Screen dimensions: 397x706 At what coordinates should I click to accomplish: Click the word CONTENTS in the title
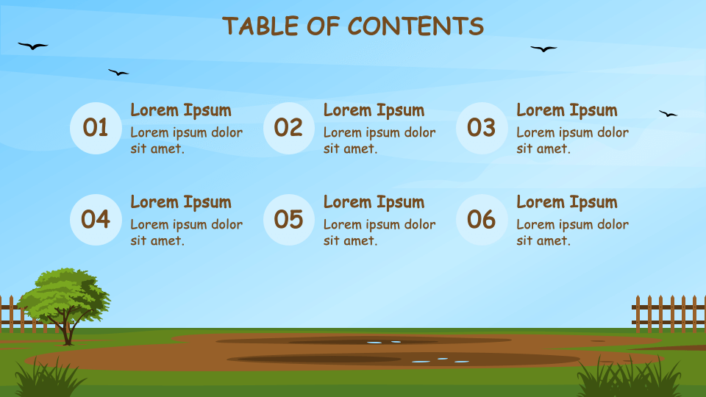pos(416,26)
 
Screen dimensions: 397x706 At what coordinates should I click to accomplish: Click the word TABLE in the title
pos(255,26)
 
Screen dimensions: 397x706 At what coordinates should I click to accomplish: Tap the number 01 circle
pos(96,128)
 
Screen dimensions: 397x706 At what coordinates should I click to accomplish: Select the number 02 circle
pos(288,128)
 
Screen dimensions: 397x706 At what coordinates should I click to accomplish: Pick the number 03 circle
pos(482,128)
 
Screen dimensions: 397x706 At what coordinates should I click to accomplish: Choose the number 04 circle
pos(96,219)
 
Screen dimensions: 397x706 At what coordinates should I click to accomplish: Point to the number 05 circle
pos(288,219)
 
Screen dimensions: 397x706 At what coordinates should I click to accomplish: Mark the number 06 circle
pos(482,219)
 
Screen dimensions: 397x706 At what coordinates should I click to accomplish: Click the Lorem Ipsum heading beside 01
pos(181,110)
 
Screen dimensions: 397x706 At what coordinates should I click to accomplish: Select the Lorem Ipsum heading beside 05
pos(374,202)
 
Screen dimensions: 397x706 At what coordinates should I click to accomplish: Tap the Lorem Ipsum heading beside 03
pos(567,110)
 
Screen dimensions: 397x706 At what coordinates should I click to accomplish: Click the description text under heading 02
pos(379,140)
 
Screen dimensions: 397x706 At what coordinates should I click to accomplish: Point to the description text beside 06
pos(572,232)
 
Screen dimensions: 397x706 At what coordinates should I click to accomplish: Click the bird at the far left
pos(32,46)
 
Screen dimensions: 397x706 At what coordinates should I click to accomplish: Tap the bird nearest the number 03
pos(668,114)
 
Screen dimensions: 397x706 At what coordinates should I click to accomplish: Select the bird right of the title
pos(543,49)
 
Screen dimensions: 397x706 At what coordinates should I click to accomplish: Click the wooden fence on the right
pos(668,314)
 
